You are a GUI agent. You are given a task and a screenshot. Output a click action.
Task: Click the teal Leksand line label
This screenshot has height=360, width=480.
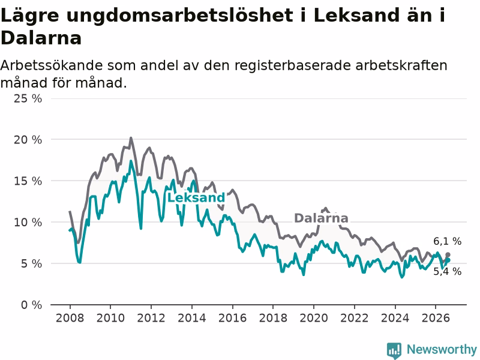click(x=196, y=198)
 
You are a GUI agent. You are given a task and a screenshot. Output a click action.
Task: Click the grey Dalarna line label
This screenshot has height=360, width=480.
click(x=321, y=218)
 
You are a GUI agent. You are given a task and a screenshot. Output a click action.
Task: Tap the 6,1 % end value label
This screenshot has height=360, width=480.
click(x=447, y=242)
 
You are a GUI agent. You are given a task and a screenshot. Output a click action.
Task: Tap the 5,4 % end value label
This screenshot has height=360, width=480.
click(x=447, y=271)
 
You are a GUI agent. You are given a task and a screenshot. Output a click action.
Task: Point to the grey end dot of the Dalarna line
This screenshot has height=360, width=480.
click(x=448, y=254)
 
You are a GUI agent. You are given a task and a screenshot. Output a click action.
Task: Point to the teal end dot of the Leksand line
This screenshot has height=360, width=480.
click(x=448, y=260)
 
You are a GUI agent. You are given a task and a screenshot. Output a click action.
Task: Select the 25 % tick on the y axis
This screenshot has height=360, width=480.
click(x=28, y=98)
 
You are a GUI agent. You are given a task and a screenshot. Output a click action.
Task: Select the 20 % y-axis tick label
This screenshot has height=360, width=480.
click(x=28, y=140)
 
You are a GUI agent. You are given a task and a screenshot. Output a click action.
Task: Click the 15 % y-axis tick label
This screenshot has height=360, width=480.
click(x=28, y=181)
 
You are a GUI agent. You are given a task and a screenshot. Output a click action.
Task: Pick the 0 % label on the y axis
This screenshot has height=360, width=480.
click(x=32, y=305)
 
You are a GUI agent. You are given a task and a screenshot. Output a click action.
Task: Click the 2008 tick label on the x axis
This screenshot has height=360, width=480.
click(x=70, y=318)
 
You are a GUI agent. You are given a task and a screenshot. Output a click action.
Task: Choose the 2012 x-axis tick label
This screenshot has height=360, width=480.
click(x=151, y=318)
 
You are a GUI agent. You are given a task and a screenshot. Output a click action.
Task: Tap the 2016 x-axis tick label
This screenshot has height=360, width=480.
click(x=232, y=318)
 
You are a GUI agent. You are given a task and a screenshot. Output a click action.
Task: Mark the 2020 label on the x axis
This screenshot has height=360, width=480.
click(x=314, y=318)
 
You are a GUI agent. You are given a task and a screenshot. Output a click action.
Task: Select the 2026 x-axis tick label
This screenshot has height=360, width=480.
click(x=436, y=318)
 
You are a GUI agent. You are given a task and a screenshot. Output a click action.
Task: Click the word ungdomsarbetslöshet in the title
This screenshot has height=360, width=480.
click(x=179, y=16)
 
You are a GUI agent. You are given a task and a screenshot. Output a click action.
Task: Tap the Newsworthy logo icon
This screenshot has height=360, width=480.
click(x=394, y=350)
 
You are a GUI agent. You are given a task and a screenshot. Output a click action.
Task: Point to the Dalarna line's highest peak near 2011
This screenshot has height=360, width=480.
click(x=131, y=139)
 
